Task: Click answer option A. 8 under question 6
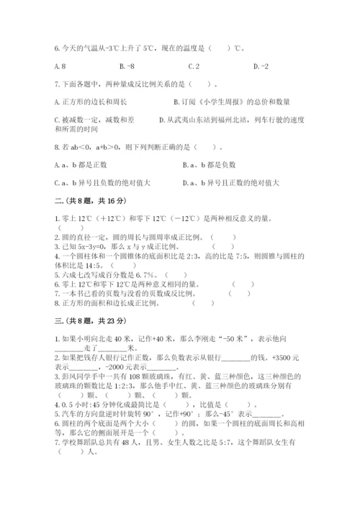tap(60, 66)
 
